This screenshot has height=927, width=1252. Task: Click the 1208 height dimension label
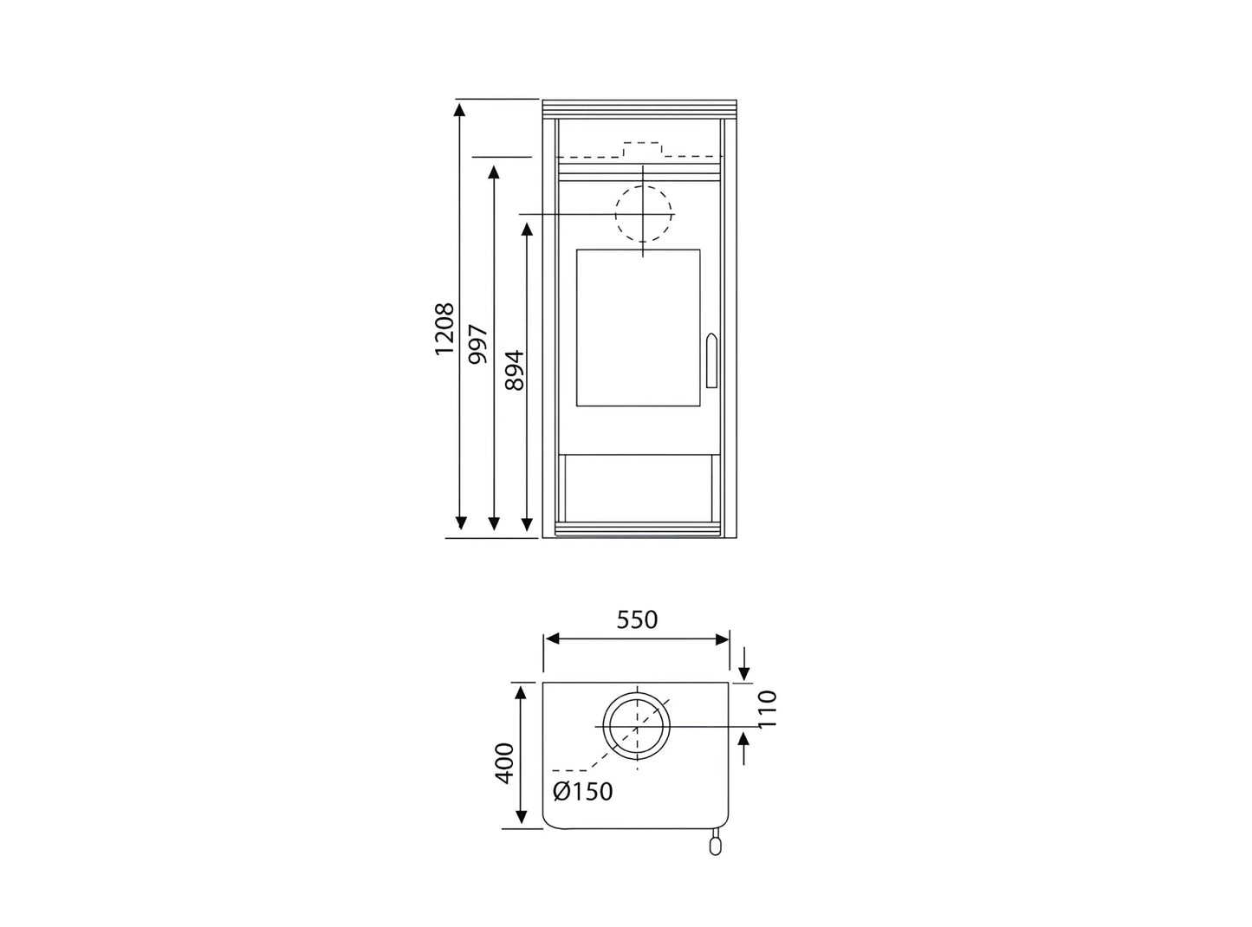pyautogui.click(x=444, y=328)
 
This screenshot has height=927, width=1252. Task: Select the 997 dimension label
pyautogui.click(x=478, y=344)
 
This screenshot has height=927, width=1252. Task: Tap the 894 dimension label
pyautogui.click(x=515, y=371)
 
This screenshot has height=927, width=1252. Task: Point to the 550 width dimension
pyautogui.click(x=637, y=620)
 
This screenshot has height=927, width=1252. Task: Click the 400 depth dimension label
pyautogui.click(x=504, y=763)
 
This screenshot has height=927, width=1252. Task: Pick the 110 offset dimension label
pyautogui.click(x=767, y=709)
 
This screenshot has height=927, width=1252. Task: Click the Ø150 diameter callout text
pyautogui.click(x=582, y=792)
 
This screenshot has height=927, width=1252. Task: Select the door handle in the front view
pyautogui.click(x=711, y=360)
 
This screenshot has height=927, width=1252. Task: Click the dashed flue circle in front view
pyautogui.click(x=644, y=185)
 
